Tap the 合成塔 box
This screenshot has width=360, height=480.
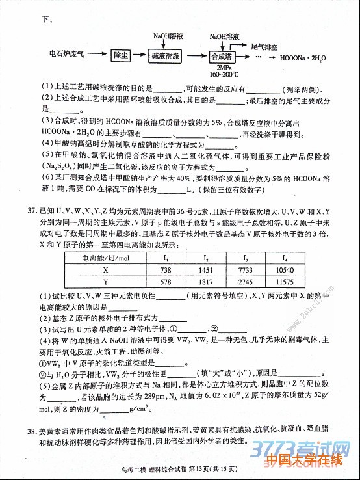click(222, 56)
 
